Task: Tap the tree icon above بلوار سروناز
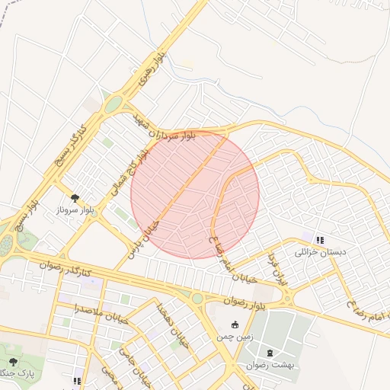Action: [75, 197]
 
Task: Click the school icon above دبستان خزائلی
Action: [319, 240]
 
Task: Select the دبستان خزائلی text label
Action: [320, 251]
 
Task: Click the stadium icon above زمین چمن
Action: [234, 324]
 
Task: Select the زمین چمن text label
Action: [234, 336]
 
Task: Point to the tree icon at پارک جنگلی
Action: [13, 360]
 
